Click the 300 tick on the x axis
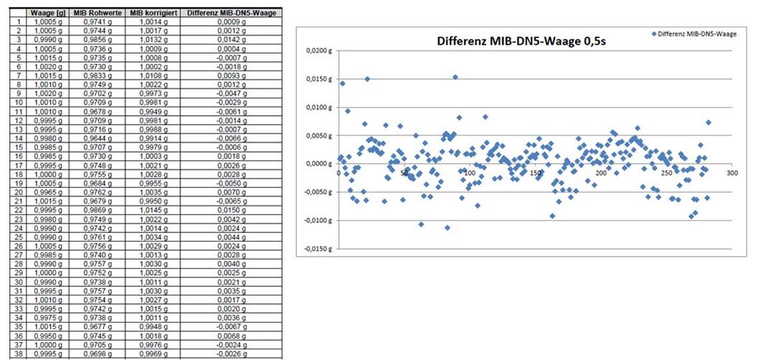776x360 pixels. click(732, 173)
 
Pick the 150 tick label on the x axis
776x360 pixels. click(535, 173)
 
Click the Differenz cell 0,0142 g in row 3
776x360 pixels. click(231, 40)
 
